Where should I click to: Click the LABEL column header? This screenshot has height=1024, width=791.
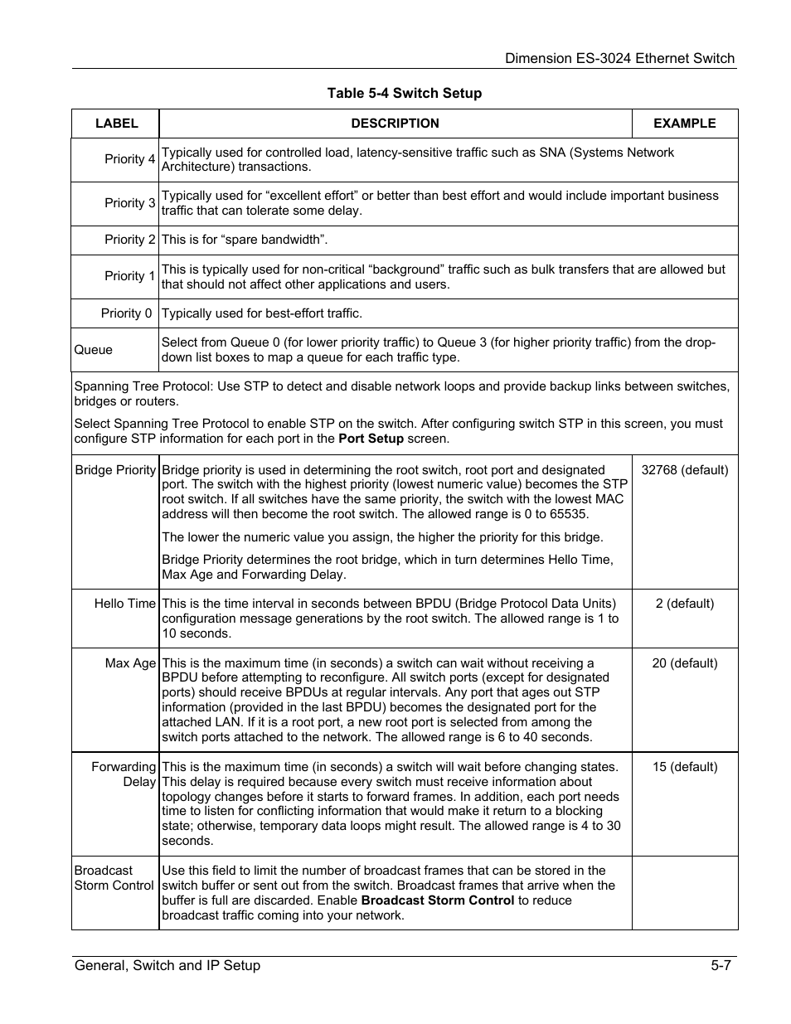(116, 124)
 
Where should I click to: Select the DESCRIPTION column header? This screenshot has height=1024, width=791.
(395, 124)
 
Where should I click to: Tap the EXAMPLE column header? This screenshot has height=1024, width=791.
(684, 124)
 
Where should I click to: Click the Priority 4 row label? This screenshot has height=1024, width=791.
(129, 159)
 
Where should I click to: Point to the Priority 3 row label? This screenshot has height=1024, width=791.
(129, 203)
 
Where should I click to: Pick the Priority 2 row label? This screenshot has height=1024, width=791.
(129, 240)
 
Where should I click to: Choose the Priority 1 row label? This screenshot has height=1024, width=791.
(129, 276)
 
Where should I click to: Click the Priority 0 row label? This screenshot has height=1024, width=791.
(127, 313)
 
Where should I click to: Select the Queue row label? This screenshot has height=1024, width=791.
(93, 350)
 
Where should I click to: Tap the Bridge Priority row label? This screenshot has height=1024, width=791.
(115, 470)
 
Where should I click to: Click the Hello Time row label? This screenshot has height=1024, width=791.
(124, 604)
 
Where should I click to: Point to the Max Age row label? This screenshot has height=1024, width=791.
(130, 663)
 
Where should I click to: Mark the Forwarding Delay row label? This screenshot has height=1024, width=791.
(124, 774)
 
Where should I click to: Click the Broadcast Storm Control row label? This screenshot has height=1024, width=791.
(114, 878)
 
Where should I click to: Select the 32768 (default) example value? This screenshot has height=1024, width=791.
(685, 470)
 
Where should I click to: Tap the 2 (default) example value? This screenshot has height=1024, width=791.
(685, 604)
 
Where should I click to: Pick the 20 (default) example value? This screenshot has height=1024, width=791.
(685, 663)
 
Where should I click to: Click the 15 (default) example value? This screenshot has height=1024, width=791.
(685, 767)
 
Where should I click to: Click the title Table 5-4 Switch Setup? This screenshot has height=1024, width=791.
(404, 93)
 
